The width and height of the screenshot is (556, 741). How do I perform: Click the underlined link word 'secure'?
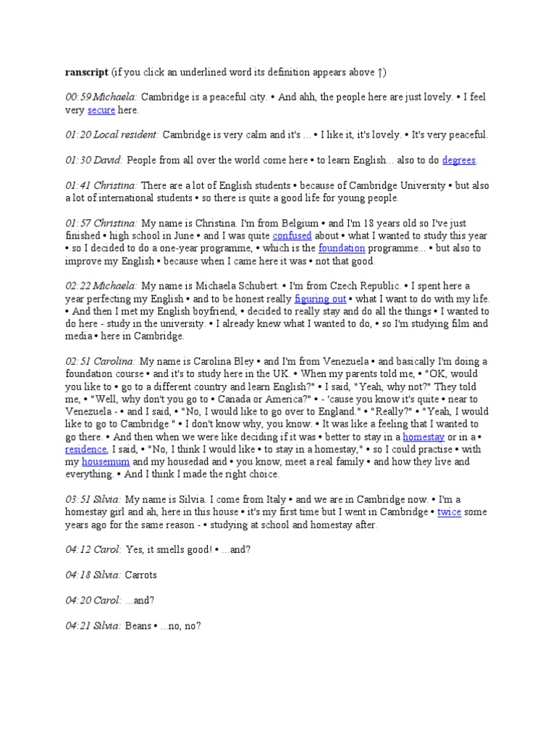(x=101, y=110)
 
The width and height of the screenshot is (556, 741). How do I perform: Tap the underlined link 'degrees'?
(x=460, y=160)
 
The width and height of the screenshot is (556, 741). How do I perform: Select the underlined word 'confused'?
(x=292, y=236)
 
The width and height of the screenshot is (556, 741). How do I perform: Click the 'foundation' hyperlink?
(x=344, y=248)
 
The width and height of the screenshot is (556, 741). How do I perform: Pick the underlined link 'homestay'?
(x=426, y=436)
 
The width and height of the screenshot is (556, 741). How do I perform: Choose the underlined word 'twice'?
(x=449, y=512)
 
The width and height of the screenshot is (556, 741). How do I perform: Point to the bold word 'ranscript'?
(x=86, y=72)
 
